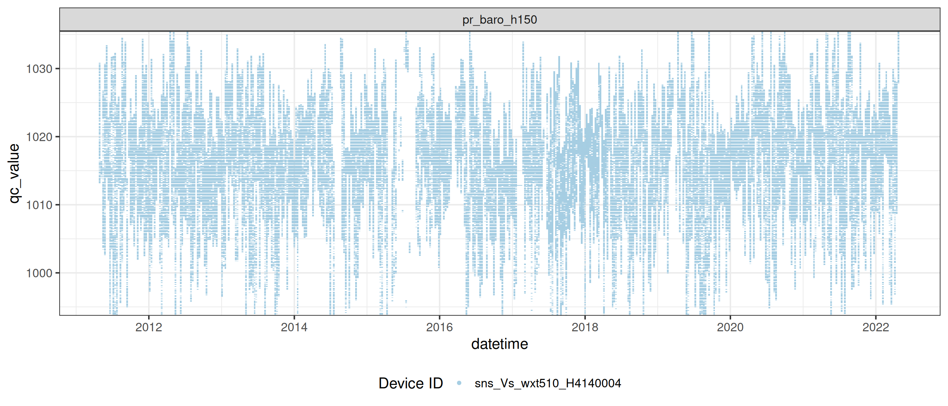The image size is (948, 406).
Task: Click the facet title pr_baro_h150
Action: pos(499,19)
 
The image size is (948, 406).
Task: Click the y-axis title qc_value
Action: pos(14,173)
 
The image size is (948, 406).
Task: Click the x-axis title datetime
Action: pos(499,344)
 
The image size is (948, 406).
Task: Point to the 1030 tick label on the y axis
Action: pos(39,69)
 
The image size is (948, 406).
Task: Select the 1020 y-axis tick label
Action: pos(39,137)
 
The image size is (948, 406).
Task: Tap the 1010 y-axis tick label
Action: pos(39,205)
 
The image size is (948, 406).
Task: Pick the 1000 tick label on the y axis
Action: pos(39,273)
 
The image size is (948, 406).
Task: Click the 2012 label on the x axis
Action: pos(149,327)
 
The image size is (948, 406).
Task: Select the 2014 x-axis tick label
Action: pos(294,327)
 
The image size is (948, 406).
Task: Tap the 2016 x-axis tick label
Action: pos(439,327)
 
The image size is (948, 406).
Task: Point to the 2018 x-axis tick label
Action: pos(585,327)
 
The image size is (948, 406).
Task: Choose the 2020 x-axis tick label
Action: pos(730,327)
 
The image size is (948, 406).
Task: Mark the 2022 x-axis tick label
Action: pos(875,327)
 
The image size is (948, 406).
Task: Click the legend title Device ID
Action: pos(411,383)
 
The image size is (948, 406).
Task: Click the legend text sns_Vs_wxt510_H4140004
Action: pos(548,383)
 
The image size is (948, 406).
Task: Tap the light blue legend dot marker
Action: pos(459,383)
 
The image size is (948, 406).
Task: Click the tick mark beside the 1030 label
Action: pos(57,69)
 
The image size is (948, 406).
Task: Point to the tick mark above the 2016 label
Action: pos(439,318)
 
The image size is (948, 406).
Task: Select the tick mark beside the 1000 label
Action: pos(57,273)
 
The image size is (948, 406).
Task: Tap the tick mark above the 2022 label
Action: pos(875,318)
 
